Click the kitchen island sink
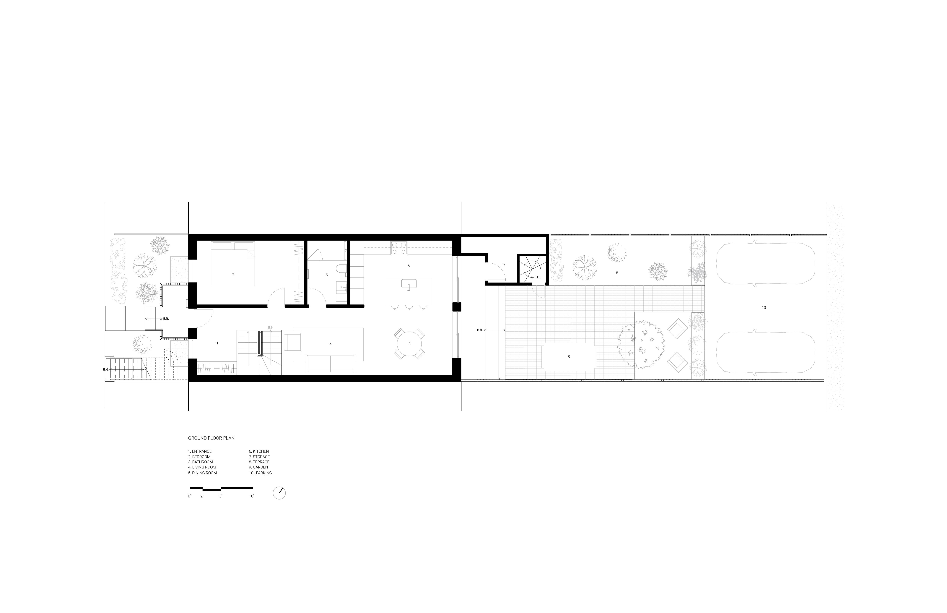tap(409, 284)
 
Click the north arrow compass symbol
tap(279, 493)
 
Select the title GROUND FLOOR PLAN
tap(211, 438)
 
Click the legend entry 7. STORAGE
tap(259, 457)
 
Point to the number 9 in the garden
tap(617, 272)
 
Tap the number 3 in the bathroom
tap(327, 275)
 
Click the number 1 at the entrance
tap(217, 343)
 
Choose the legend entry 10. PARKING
tap(260, 473)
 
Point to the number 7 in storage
tap(504, 265)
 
